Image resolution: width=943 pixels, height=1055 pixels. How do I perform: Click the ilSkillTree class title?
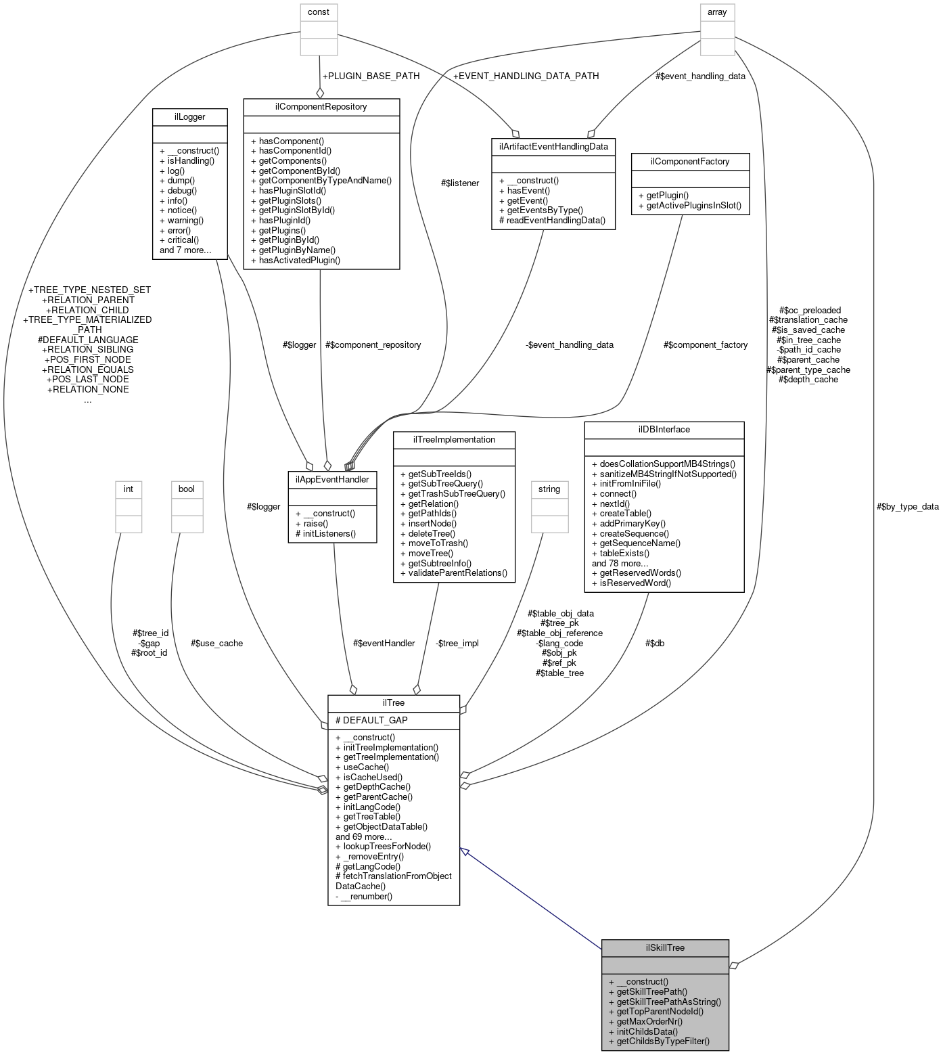(664, 947)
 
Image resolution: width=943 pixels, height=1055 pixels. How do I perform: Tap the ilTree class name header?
(393, 703)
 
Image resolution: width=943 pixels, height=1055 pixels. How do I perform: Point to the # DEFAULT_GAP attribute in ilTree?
(371, 720)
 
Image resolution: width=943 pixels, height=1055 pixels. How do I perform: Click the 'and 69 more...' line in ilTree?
(363, 836)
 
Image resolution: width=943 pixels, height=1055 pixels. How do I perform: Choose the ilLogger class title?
(189, 117)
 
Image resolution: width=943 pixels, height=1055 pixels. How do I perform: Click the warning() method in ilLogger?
(181, 220)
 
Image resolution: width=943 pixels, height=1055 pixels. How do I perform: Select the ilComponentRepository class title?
(321, 107)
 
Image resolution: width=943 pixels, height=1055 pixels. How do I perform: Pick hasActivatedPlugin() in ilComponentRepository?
(299, 260)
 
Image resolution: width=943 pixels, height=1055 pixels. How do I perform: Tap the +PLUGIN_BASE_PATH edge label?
(371, 76)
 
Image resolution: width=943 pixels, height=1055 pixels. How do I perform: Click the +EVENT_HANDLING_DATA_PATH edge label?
(526, 76)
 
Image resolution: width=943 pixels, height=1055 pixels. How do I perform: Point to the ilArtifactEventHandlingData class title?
(553, 146)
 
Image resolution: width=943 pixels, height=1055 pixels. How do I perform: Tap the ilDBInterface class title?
(664, 430)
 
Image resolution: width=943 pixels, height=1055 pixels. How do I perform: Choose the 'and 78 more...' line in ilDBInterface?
(620, 563)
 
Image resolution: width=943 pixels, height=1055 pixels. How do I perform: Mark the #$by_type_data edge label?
(907, 506)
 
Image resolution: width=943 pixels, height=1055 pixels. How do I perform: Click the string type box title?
(549, 489)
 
